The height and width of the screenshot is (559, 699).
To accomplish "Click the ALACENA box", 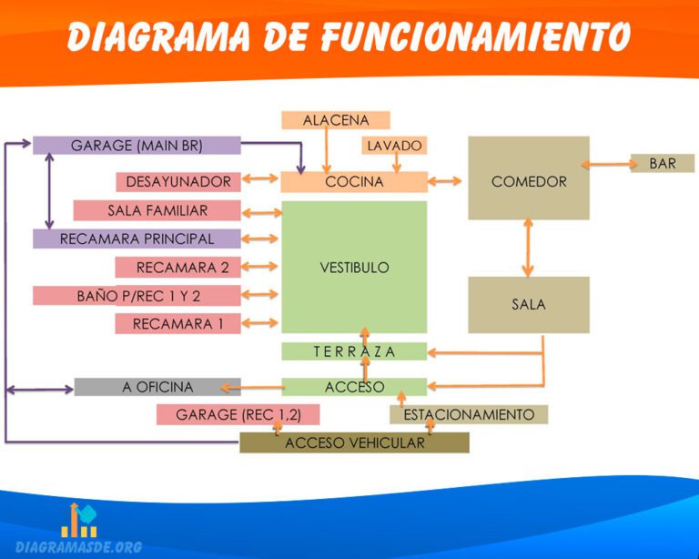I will point(336,120).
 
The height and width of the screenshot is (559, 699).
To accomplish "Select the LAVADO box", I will point(394,146).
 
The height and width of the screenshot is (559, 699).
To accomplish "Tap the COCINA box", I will point(354,182).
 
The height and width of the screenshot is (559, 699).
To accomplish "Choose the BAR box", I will point(663,164).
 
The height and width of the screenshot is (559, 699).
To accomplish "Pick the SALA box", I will point(529,305).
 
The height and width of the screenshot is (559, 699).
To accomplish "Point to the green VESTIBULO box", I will point(354,268).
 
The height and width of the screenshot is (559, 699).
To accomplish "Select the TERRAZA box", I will point(354,351).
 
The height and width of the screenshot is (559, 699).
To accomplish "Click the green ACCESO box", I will point(354,387).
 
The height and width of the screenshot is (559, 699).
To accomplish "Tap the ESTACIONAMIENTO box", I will point(469,415).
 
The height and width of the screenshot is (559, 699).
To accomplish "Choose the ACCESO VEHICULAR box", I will point(354,443).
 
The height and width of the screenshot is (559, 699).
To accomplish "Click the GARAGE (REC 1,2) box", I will point(238,415).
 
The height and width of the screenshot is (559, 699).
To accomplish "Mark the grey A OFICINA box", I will point(157,387).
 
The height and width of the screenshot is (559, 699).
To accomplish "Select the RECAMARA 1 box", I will point(178,323).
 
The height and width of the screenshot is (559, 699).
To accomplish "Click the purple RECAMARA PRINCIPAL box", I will point(137,239).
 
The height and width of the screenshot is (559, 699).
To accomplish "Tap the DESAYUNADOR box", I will point(178,182).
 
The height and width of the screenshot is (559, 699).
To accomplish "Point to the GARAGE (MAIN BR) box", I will point(137,146).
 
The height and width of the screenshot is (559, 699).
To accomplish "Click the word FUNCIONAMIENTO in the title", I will point(474,37).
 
